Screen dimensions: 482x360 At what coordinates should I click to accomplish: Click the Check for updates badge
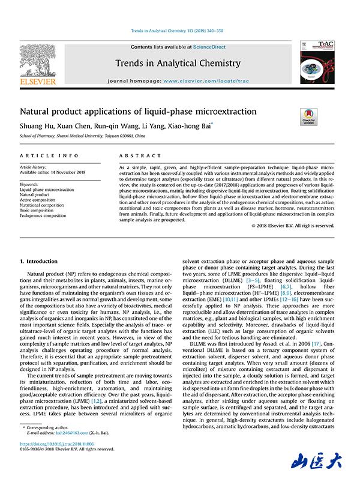(x=309, y=116)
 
